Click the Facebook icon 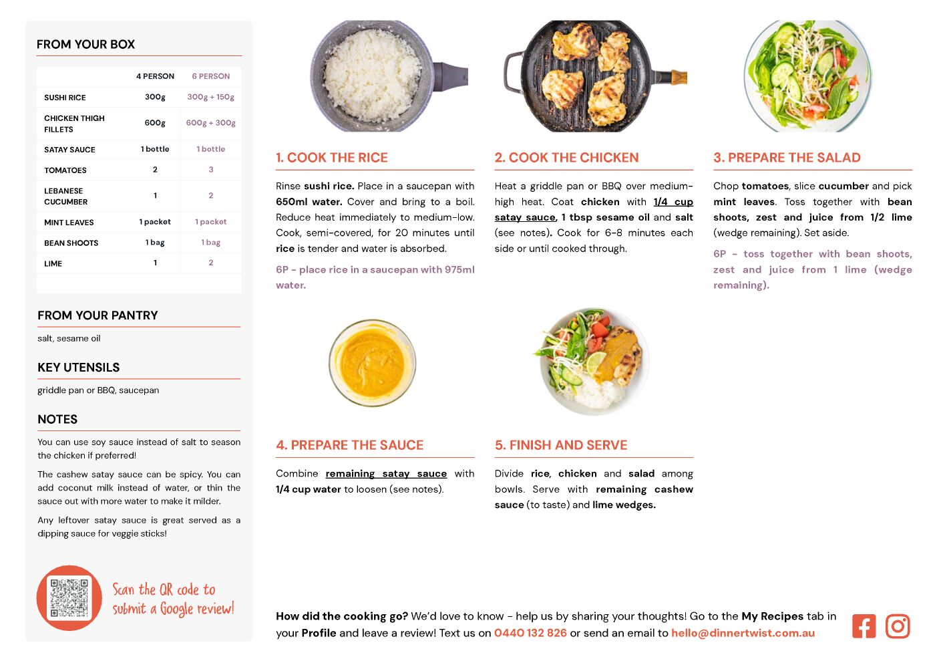tap(864, 626)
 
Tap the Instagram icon tap(898, 626)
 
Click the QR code tap(69, 598)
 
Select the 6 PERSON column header tap(211, 76)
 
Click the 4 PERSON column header tap(155, 76)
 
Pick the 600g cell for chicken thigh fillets tap(155, 122)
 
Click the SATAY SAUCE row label tap(69, 150)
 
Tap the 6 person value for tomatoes tap(211, 170)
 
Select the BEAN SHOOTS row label tap(71, 243)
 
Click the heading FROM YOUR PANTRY tap(98, 315)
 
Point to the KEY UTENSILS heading tap(78, 368)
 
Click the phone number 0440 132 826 tap(530, 632)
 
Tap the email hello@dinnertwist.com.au tap(743, 632)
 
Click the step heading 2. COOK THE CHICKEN tap(566, 157)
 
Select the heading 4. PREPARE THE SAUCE tap(350, 445)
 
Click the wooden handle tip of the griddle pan tap(679, 78)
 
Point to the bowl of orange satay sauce tap(372, 362)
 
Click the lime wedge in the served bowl tap(596, 362)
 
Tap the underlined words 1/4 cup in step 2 tap(673, 202)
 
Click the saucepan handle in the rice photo tap(450, 76)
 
